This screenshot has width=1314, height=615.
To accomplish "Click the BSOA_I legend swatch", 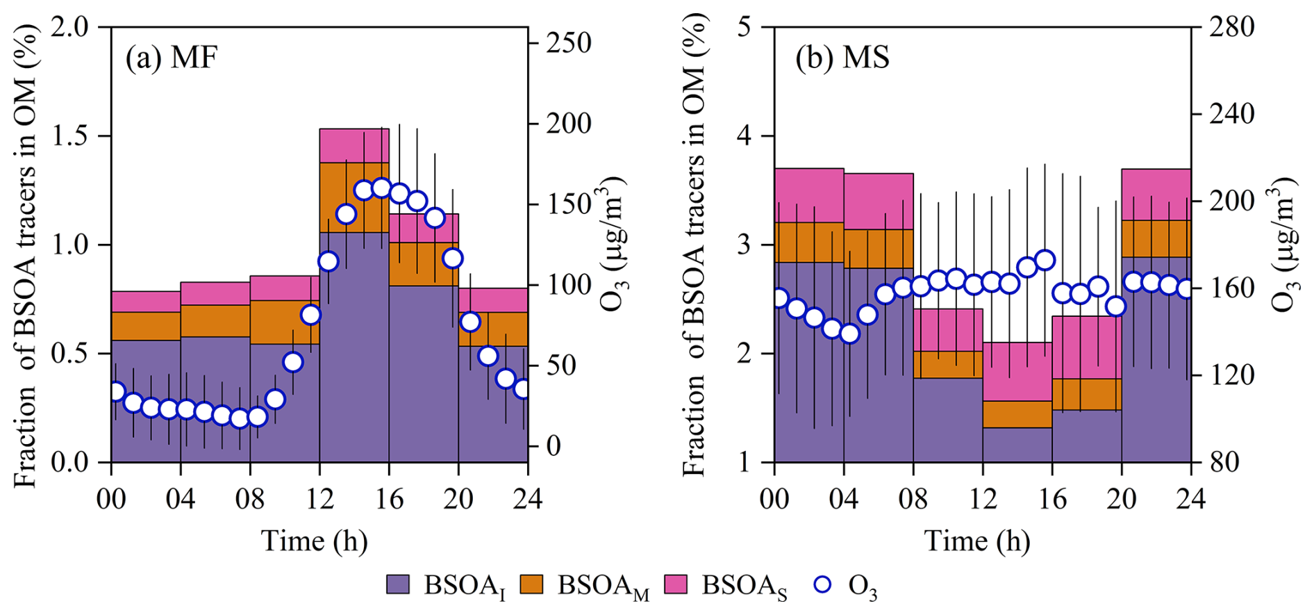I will [399, 584].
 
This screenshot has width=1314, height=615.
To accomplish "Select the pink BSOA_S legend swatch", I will [676, 584].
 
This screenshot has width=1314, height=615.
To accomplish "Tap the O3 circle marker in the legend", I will [822, 584].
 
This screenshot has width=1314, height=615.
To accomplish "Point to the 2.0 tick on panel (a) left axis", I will [72, 28].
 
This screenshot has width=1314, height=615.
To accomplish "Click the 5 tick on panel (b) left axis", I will [747, 28].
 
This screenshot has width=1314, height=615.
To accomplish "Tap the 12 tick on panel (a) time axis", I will [319, 499].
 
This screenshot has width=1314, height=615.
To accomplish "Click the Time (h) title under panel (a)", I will [314, 541].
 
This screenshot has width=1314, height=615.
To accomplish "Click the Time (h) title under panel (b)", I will [977, 541].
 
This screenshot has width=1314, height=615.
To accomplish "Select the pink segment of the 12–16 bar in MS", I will [1017, 371].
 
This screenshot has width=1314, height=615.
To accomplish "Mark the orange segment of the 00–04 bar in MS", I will [809, 242].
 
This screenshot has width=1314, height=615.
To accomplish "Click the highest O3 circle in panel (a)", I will [381, 188].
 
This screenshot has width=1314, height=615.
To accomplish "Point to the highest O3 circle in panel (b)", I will [1045, 261].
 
